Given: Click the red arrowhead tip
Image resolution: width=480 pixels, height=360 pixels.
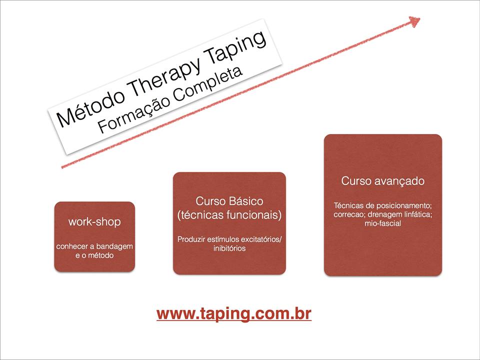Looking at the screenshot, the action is click(x=420, y=18).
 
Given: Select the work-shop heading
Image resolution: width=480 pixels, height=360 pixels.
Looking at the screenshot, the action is click(x=94, y=221).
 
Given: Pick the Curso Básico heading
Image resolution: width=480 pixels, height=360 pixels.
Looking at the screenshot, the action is click(x=229, y=201).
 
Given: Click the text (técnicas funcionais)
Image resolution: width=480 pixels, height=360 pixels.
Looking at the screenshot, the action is click(x=229, y=215).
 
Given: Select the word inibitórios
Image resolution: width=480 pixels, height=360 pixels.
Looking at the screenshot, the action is click(x=229, y=248).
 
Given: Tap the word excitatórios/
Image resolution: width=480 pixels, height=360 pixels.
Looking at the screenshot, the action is click(x=261, y=239).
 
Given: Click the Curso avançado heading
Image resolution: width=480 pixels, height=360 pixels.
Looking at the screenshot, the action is click(x=383, y=181).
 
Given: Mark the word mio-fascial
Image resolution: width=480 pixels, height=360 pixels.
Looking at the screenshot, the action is click(x=382, y=223).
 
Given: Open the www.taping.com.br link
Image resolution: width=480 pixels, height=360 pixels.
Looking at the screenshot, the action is click(x=234, y=314).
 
